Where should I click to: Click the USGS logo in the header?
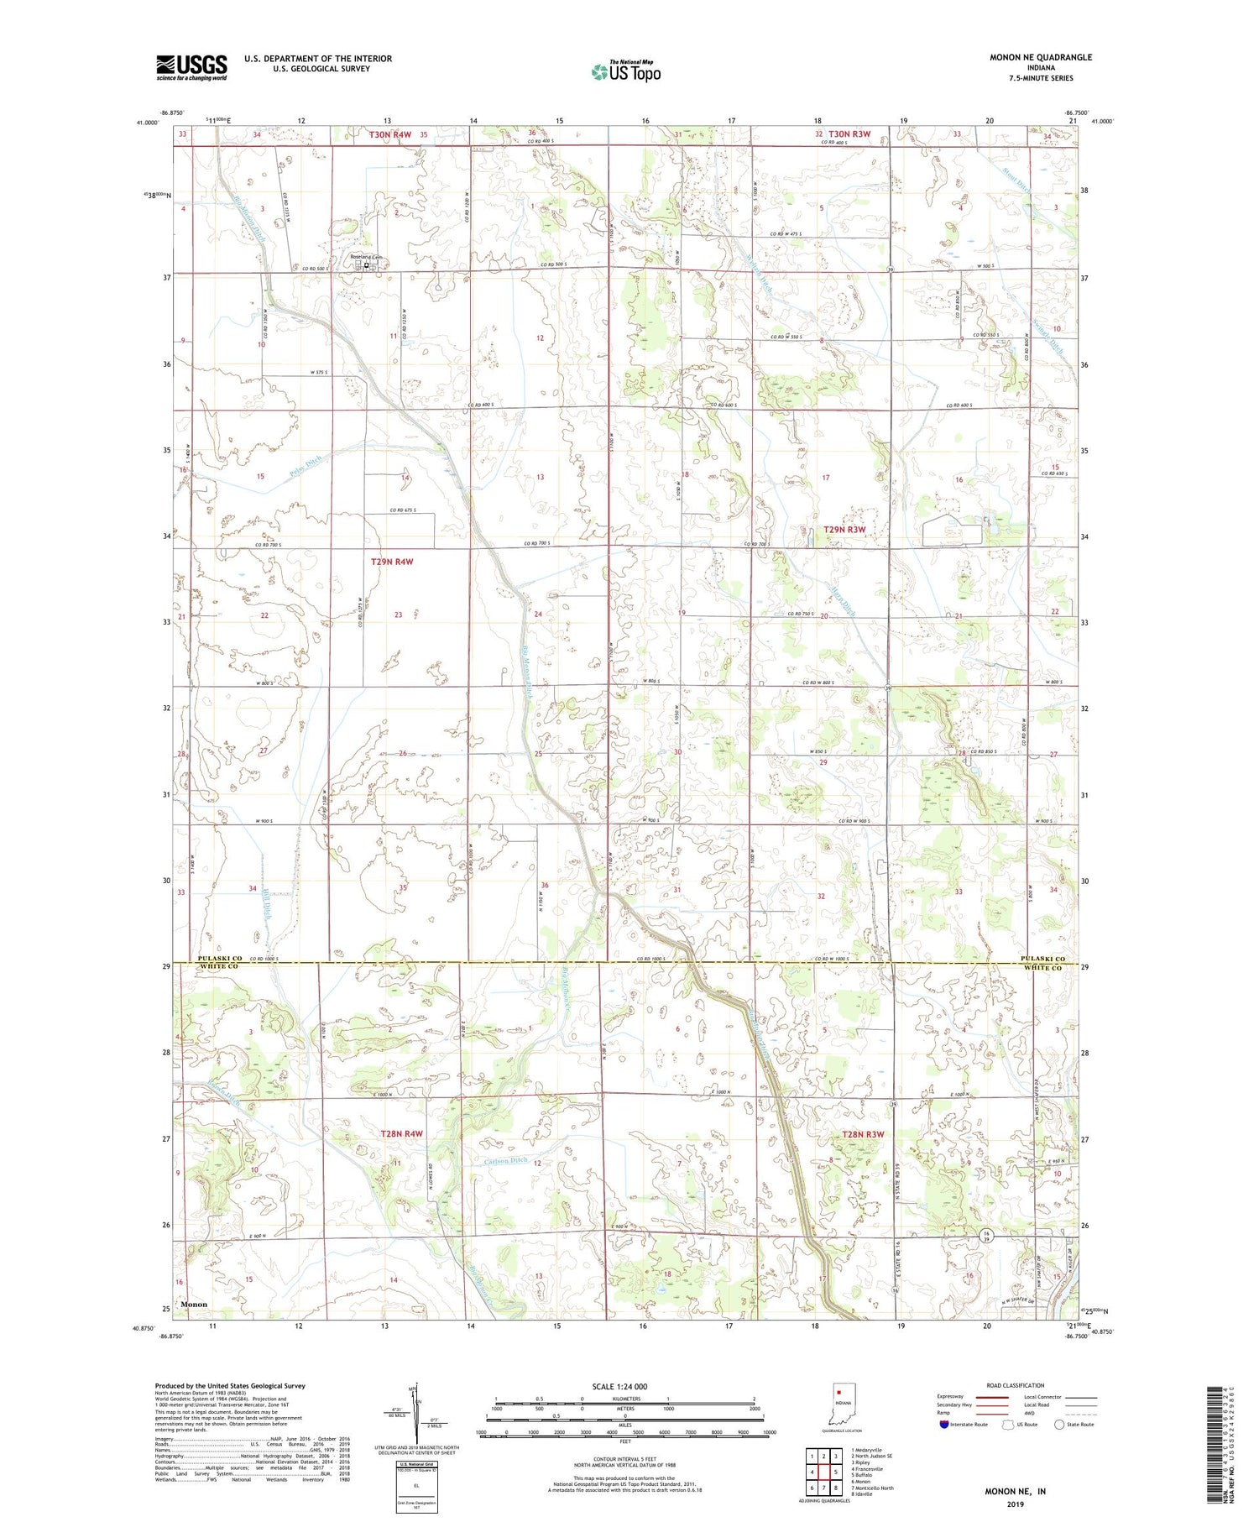(x=191, y=67)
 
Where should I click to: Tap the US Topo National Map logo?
(x=625, y=71)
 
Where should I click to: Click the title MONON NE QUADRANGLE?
(x=1041, y=57)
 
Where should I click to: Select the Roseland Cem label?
(x=365, y=258)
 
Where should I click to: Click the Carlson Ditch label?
(x=505, y=1162)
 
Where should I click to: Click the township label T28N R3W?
(x=862, y=1135)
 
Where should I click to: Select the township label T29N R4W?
(x=391, y=562)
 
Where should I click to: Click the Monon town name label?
(x=194, y=1305)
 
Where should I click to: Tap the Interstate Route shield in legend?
(x=943, y=1425)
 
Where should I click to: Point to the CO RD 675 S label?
(x=403, y=510)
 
